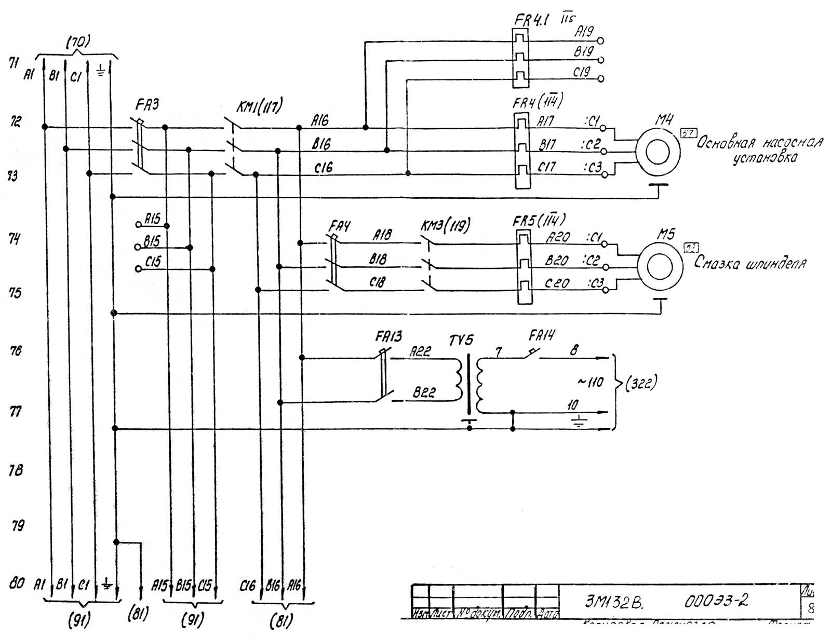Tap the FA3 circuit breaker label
tap(147, 105)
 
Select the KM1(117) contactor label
tap(259, 107)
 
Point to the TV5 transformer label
tap(461, 341)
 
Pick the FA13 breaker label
tap(388, 337)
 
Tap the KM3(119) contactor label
tap(445, 225)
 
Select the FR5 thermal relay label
tap(539, 220)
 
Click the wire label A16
tap(320, 120)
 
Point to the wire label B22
tap(424, 393)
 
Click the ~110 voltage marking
tap(590, 383)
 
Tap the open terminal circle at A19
tap(601, 40)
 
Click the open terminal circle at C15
tap(138, 269)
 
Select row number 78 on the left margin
tap(16, 470)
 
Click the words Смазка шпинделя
tap(750, 263)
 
